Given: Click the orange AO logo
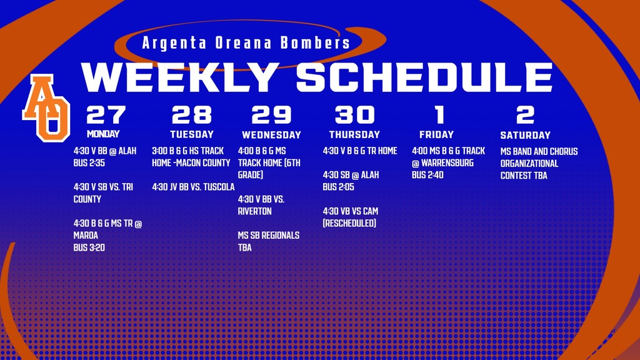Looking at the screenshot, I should [x=46, y=107].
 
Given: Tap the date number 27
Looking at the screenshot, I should [x=106, y=115].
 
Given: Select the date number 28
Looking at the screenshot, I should [x=192, y=115].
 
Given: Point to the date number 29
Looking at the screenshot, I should [x=271, y=115].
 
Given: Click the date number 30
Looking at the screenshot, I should [x=354, y=115].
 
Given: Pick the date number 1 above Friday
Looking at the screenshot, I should [x=439, y=115].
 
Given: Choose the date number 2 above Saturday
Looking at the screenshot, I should [x=526, y=115].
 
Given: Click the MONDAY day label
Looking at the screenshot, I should [x=103, y=134].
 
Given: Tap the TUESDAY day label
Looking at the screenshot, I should [x=192, y=134].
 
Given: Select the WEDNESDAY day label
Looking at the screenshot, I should [x=271, y=135].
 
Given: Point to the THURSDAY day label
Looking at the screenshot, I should [x=354, y=134].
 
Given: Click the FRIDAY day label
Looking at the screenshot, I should [x=436, y=134].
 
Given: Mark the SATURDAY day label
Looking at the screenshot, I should [x=526, y=135].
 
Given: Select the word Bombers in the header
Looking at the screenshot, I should [x=315, y=44].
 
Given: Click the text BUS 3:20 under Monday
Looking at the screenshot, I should [x=89, y=247].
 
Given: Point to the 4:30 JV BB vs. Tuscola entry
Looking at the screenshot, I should [x=193, y=187].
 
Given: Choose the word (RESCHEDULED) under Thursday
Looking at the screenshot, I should [x=349, y=223].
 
